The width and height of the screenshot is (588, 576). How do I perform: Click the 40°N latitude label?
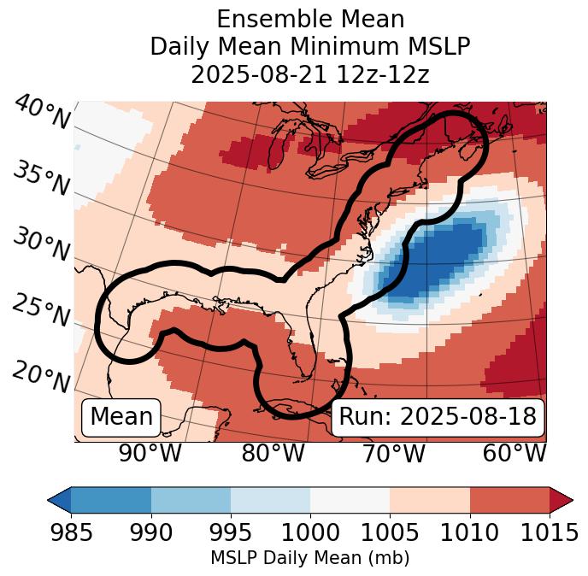[41, 113]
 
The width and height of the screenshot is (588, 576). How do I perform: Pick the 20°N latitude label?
[40, 376]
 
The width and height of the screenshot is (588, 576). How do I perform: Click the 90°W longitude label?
[150, 453]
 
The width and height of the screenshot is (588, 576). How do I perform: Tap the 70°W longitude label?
[394, 453]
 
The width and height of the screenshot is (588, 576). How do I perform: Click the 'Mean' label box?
[121, 417]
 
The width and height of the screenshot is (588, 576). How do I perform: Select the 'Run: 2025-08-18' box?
[438, 417]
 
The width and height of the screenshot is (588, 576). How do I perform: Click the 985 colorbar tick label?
[71, 533]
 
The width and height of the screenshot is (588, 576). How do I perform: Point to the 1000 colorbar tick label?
[310, 533]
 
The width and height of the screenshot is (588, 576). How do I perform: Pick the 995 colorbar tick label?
[231, 533]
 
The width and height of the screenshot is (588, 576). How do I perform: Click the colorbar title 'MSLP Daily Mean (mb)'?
[309, 558]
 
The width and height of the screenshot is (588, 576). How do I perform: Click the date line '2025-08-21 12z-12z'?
[309, 74]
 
